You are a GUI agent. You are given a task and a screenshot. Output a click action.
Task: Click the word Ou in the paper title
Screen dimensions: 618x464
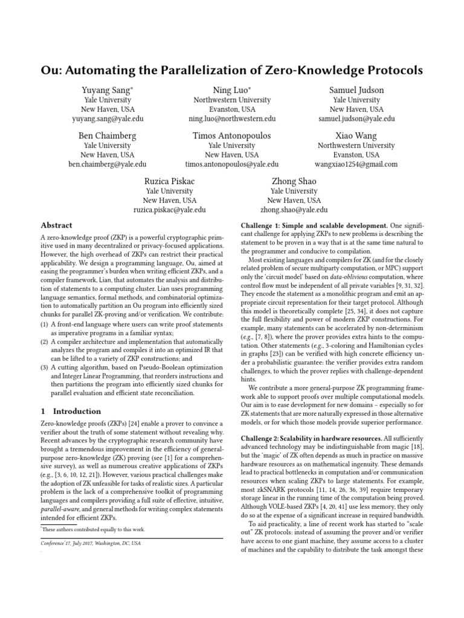click(51, 71)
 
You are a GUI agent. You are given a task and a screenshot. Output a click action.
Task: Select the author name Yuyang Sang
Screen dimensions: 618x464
click(106, 91)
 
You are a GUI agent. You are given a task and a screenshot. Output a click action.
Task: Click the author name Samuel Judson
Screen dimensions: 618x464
click(356, 91)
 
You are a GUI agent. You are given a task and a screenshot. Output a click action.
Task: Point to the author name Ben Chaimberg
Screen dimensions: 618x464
click(107, 136)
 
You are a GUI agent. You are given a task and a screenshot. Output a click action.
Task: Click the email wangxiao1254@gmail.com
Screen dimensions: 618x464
click(356, 164)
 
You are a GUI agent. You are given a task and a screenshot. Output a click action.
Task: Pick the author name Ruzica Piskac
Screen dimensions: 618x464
click(169, 181)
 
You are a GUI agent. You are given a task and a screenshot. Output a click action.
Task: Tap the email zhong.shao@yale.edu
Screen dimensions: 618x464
click(294, 210)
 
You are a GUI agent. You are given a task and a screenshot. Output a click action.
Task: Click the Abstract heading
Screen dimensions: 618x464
click(56, 225)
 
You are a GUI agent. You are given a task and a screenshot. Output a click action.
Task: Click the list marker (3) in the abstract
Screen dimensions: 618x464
click(45, 366)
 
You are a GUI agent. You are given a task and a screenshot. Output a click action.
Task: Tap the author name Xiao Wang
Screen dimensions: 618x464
click(356, 136)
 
